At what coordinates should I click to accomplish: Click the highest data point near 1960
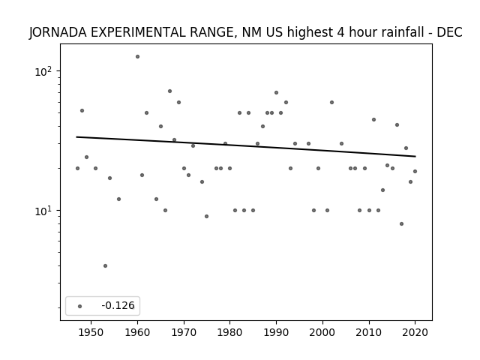click(137, 57)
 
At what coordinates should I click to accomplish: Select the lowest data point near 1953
click(105, 265)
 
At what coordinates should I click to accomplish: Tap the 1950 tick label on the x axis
click(91, 332)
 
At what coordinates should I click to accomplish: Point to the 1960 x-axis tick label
click(137, 332)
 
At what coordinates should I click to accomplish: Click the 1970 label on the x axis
click(184, 332)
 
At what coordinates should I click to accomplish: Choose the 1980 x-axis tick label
click(230, 332)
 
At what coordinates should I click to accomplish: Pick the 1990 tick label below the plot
click(276, 332)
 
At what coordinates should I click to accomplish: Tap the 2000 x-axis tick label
click(322, 332)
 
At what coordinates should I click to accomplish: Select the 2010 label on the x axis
click(369, 332)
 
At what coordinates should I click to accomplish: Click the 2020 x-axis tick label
click(415, 332)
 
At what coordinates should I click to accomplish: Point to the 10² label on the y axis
click(43, 71)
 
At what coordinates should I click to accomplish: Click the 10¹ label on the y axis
click(43, 211)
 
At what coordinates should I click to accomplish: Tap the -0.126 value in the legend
click(118, 305)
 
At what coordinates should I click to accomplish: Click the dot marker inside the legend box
click(80, 306)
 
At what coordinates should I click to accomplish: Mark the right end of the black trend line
click(415, 157)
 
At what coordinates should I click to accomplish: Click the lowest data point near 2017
click(402, 223)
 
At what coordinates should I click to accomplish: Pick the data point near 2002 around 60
click(331, 102)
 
